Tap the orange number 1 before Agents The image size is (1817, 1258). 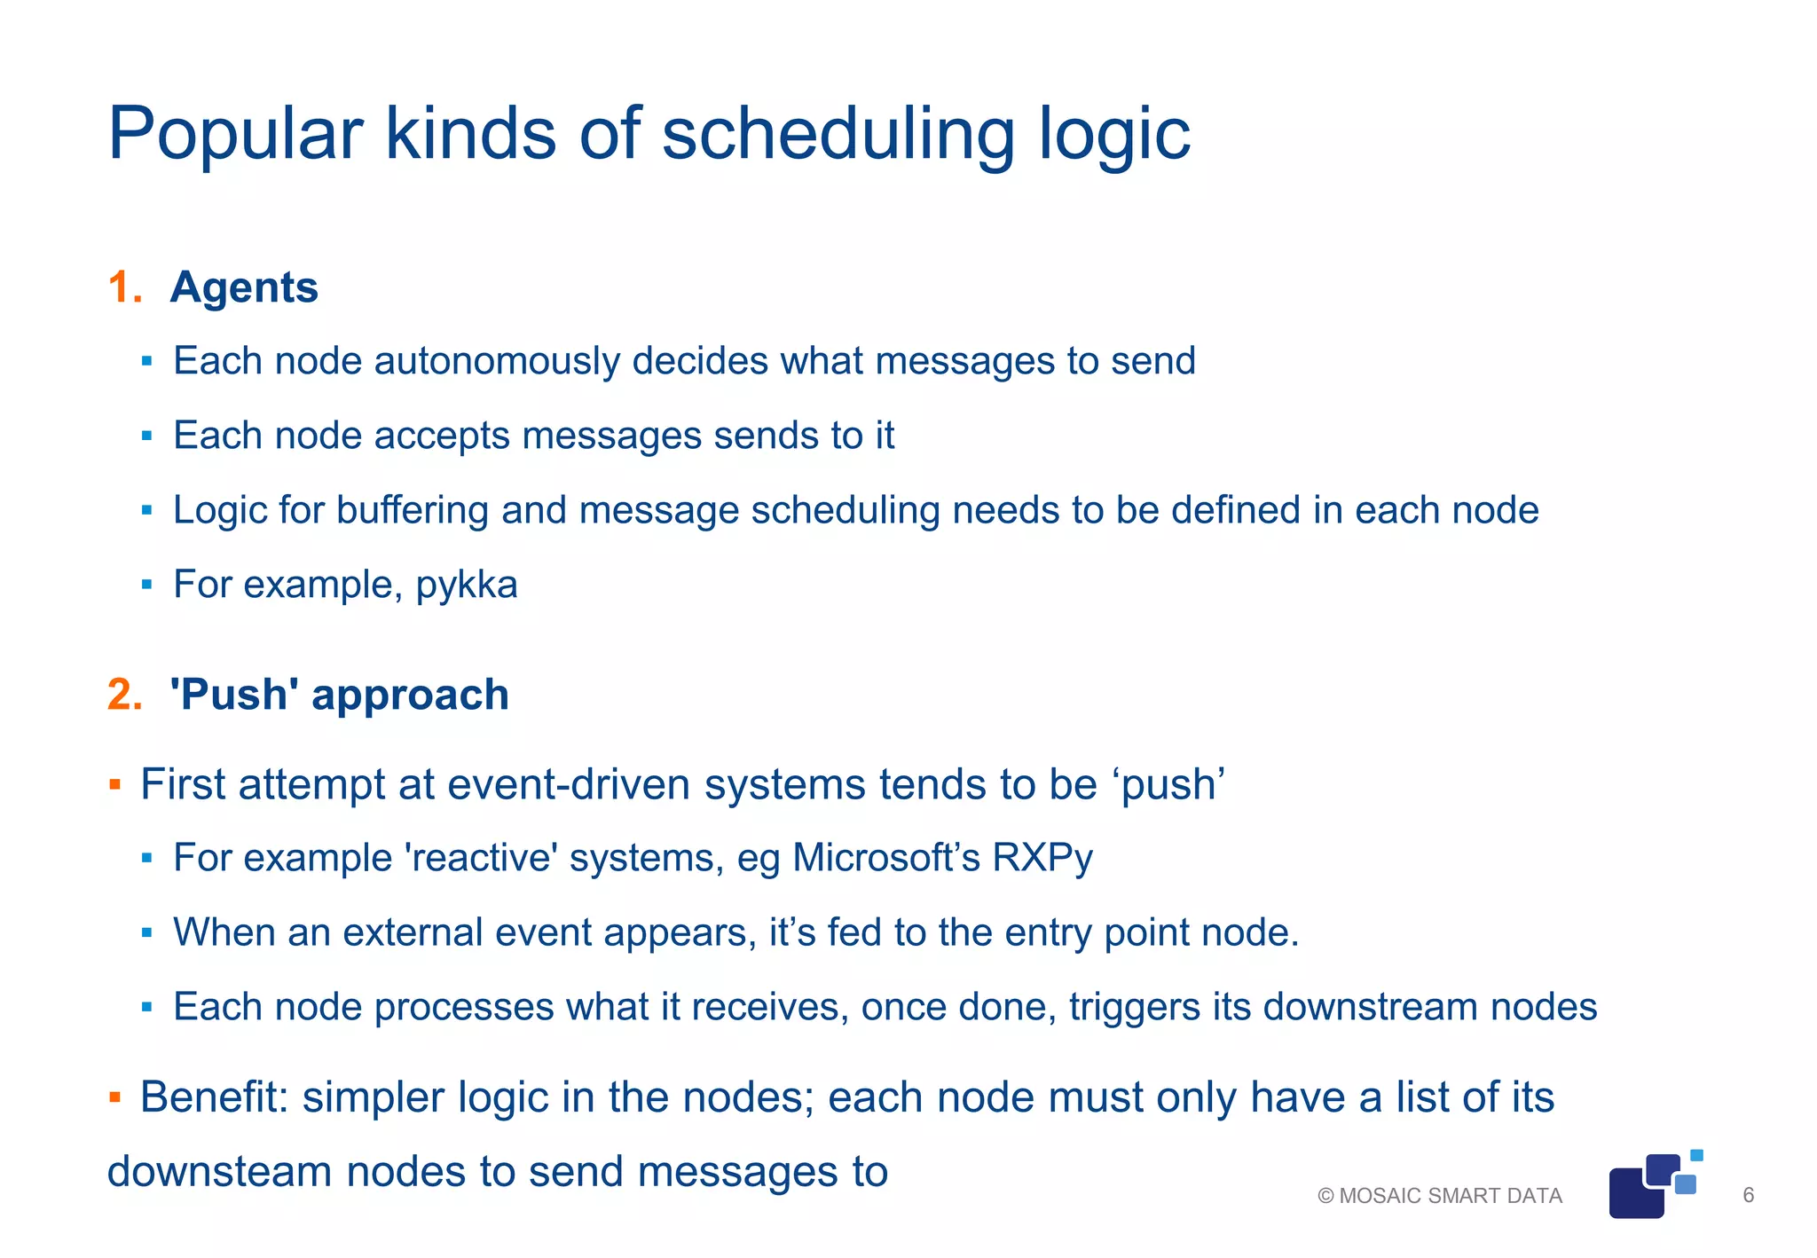[x=122, y=287]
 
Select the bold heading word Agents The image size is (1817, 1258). [x=244, y=287]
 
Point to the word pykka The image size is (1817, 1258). [x=467, y=586]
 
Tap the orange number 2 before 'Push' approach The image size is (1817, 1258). [x=123, y=695]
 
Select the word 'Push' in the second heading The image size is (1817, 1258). [x=234, y=695]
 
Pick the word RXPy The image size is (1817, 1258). [x=1042, y=859]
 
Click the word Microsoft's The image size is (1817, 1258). [x=885, y=859]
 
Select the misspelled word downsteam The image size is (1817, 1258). [x=218, y=1172]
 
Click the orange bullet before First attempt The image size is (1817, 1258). [x=114, y=785]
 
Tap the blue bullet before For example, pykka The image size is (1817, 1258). [x=147, y=586]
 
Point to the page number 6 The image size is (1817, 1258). [x=1749, y=1196]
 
